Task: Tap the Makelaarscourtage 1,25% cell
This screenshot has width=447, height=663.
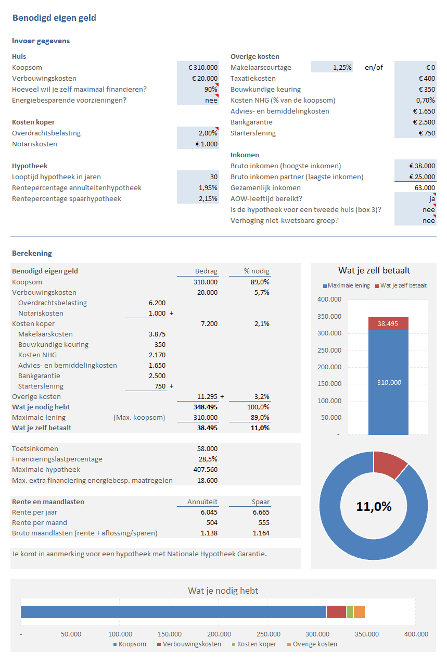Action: pyautogui.click(x=332, y=67)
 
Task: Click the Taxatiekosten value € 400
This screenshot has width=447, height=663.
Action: pyautogui.click(x=415, y=78)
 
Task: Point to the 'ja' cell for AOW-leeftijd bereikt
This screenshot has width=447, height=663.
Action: pyautogui.click(x=415, y=198)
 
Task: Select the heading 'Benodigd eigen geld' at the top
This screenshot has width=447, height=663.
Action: pyautogui.click(x=54, y=18)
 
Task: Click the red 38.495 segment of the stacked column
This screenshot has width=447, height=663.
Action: pyautogui.click(x=388, y=323)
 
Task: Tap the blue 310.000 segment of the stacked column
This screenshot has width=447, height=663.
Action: pyautogui.click(x=388, y=382)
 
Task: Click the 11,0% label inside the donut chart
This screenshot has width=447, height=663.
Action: pyautogui.click(x=374, y=506)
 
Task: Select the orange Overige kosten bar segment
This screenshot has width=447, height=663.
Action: pyautogui.click(x=359, y=612)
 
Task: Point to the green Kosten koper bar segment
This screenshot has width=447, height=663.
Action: pyautogui.click(x=350, y=612)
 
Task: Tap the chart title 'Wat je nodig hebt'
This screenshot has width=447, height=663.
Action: pyautogui.click(x=223, y=591)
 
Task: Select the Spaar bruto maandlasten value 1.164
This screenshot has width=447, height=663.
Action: pyautogui.click(x=261, y=533)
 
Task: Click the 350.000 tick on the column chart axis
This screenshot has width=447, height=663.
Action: pyautogui.click(x=329, y=317)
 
